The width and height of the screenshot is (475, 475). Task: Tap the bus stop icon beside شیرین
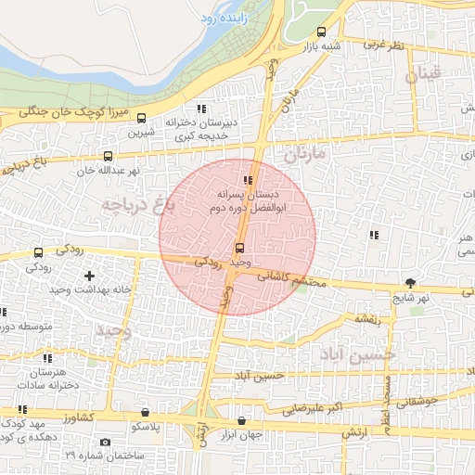(x=141, y=118)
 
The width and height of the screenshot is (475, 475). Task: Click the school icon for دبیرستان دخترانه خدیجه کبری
(x=200, y=109)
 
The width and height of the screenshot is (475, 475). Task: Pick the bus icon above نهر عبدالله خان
(x=109, y=157)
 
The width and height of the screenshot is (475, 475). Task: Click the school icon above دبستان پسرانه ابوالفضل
(x=247, y=180)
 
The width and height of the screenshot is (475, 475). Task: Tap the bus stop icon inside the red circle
(x=240, y=248)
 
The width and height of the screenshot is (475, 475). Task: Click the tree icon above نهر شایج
(x=410, y=283)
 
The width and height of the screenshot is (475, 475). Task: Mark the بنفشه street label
(x=365, y=318)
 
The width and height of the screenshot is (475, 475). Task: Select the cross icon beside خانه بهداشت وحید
(x=89, y=276)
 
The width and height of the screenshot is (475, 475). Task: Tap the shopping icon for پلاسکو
(x=145, y=412)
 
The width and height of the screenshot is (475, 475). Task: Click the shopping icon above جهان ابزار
(x=242, y=420)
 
